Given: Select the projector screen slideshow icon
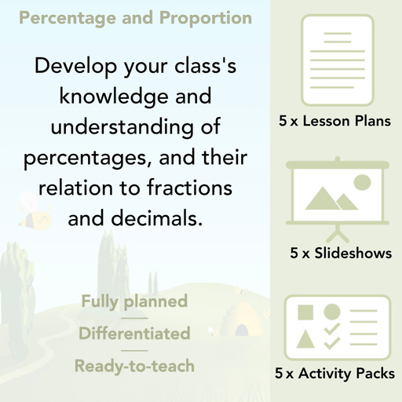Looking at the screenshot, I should pyautogui.click(x=338, y=196).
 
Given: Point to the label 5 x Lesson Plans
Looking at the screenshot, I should pyautogui.click(x=334, y=122).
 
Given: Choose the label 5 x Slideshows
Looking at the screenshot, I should pyautogui.click(x=341, y=254).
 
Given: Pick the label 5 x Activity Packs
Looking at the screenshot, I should pyautogui.click(x=335, y=375).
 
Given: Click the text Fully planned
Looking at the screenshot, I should pyautogui.click(x=134, y=301).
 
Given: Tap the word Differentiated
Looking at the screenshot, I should pyautogui.click(x=134, y=334).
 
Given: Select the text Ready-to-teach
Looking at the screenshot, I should pyautogui.click(x=134, y=366).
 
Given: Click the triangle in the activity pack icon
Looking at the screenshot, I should pyautogui.click(x=305, y=341).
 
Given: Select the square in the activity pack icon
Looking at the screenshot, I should pyautogui.click(x=305, y=312).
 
